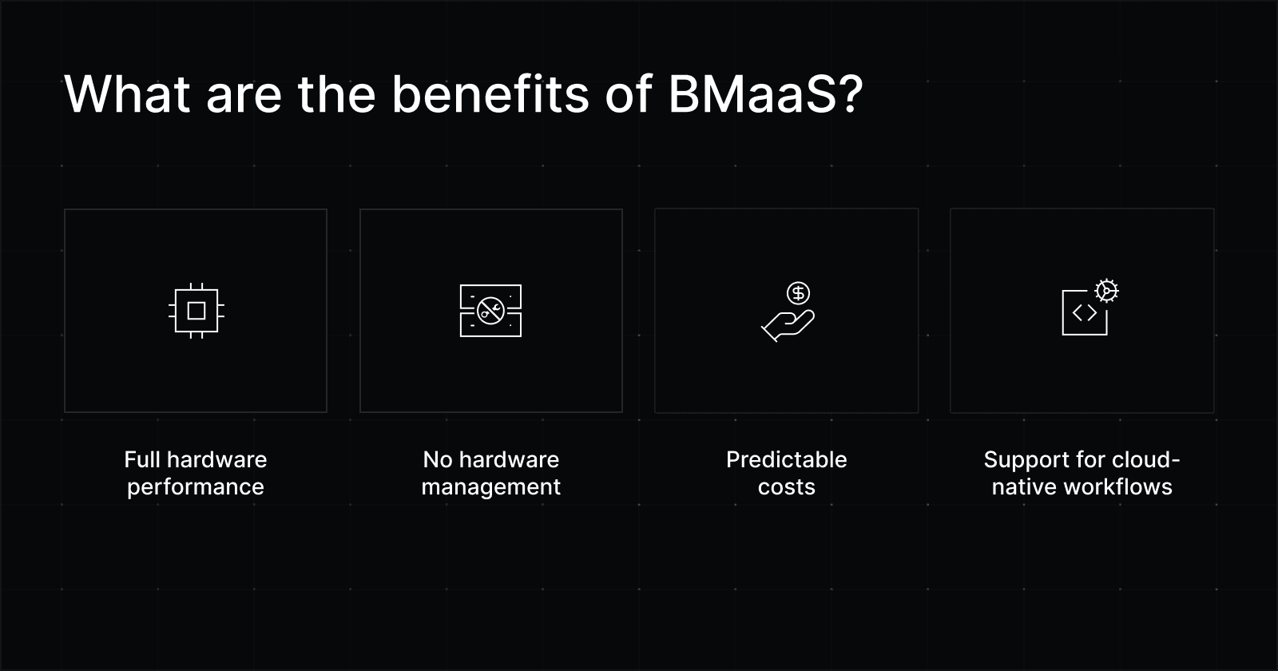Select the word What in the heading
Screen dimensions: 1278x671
(127, 93)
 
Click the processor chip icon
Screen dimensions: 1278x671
(196, 311)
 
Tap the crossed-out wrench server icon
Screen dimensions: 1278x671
(490, 311)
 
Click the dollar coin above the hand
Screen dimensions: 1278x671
(798, 293)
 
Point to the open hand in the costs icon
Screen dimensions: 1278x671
(788, 326)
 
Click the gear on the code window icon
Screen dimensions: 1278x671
(1107, 291)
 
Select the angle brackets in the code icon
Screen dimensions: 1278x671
(1085, 312)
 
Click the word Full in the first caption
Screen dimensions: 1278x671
(142, 459)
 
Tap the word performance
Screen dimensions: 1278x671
(196, 487)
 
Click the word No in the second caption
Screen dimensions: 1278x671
(438, 459)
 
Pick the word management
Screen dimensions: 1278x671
(490, 487)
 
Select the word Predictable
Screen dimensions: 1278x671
(786, 459)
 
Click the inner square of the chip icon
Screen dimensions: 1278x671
(196, 311)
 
